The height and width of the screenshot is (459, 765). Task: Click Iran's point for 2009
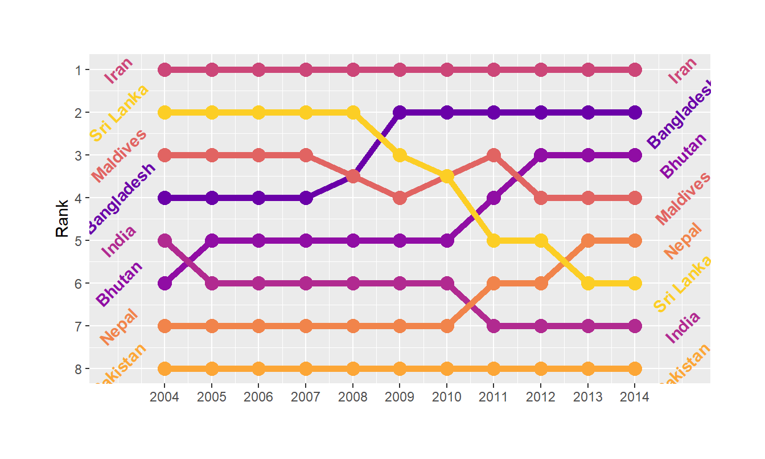tap(400, 70)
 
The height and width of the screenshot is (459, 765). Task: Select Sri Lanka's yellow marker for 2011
tap(493, 240)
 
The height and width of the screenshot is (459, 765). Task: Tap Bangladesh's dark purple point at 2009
tap(400, 112)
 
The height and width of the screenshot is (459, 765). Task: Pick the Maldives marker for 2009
tap(400, 198)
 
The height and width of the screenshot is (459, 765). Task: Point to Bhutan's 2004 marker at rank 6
tap(164, 283)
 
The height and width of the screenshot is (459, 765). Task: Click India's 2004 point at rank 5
tap(164, 240)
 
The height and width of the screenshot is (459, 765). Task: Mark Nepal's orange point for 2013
tap(588, 240)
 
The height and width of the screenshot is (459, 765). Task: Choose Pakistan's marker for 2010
tap(447, 368)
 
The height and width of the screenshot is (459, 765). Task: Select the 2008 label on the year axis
tap(352, 397)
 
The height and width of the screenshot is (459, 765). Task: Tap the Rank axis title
tap(62, 218)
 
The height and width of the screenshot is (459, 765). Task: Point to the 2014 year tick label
tap(635, 397)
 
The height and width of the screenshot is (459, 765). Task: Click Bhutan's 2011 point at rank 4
tap(493, 198)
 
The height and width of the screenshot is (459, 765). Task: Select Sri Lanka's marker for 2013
tap(588, 283)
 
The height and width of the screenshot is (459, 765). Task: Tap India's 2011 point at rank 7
tap(493, 326)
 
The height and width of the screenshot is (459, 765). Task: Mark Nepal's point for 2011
tap(493, 283)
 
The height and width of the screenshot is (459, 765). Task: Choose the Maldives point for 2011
tap(493, 155)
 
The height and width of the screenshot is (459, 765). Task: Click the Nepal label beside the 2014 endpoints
tap(682, 241)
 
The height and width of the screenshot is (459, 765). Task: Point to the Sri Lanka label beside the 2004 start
tap(120, 113)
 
